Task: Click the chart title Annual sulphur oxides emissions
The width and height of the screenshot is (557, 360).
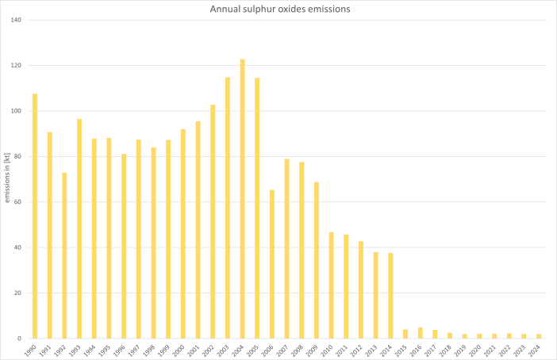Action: pos(278,9)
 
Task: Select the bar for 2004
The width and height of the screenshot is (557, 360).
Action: pos(242,198)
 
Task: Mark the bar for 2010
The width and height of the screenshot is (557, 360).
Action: pos(331,285)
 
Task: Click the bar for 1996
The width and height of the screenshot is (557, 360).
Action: pos(124,246)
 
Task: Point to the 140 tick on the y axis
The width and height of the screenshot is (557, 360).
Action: pos(15,20)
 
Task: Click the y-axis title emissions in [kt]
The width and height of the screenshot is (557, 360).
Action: pos(7,179)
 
